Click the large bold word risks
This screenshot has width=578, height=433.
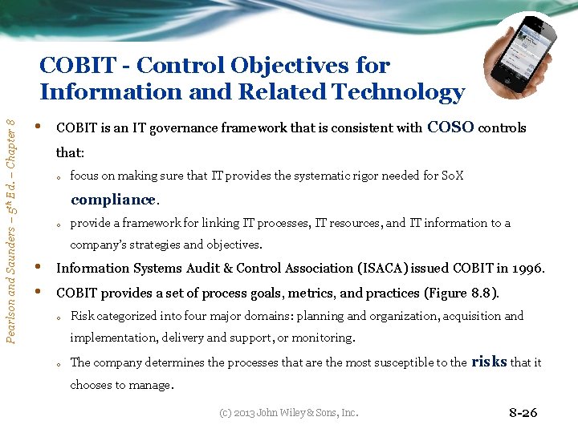pyautogui.click(x=489, y=361)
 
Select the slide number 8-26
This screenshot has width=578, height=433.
pyautogui.click(x=523, y=413)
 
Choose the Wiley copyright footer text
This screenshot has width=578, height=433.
pyautogui.click(x=290, y=413)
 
